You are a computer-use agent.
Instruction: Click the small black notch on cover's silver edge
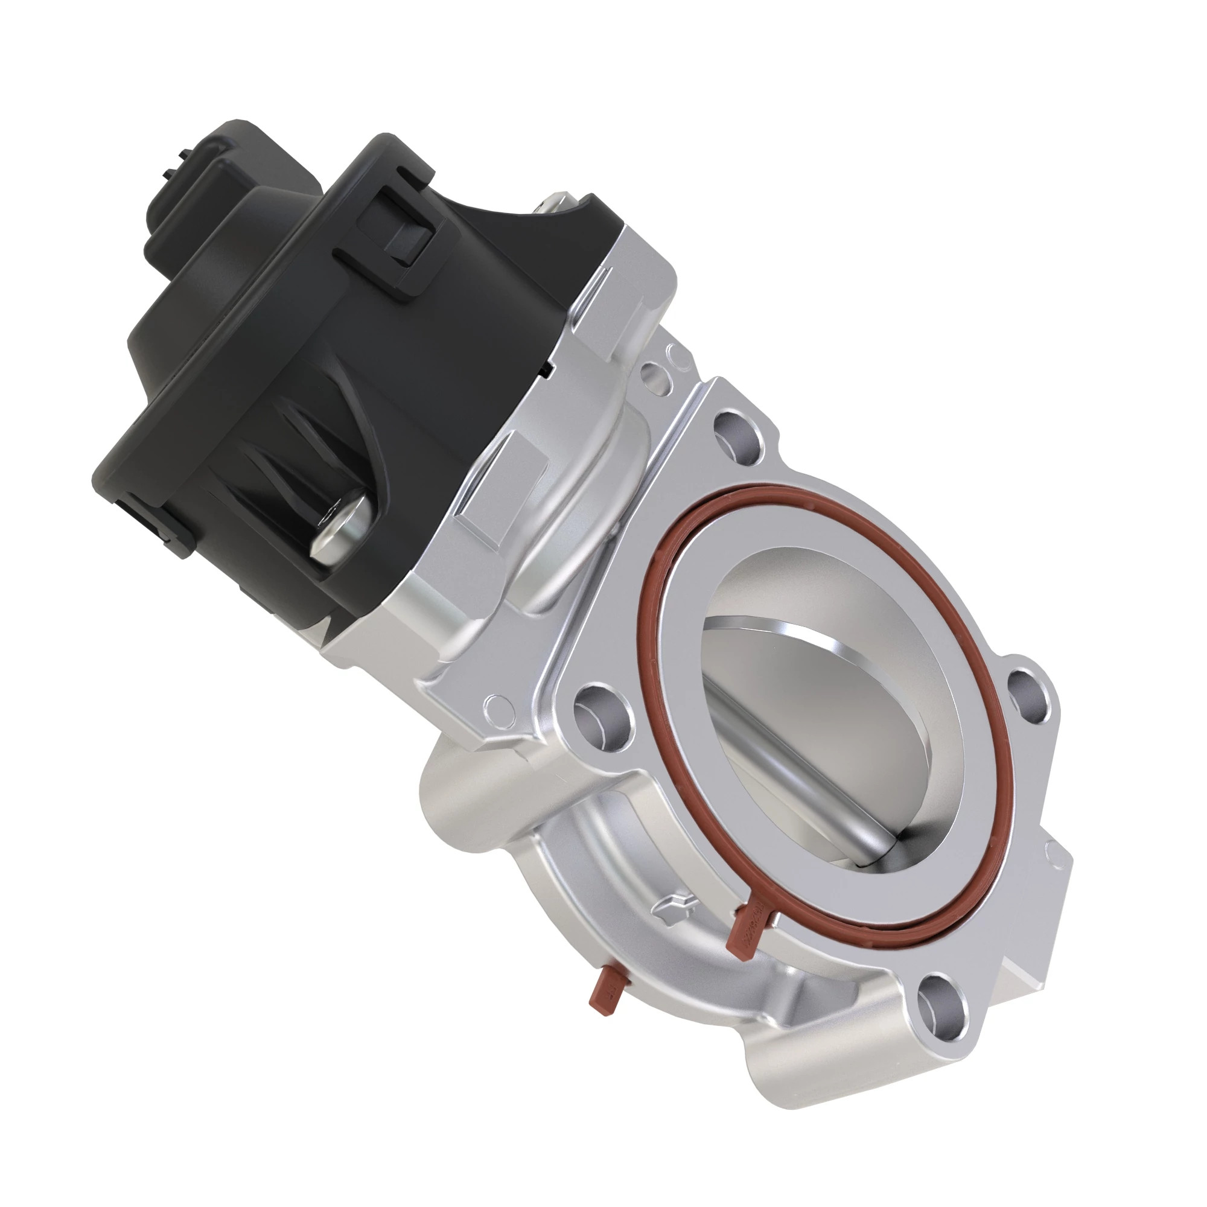click(x=549, y=371)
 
